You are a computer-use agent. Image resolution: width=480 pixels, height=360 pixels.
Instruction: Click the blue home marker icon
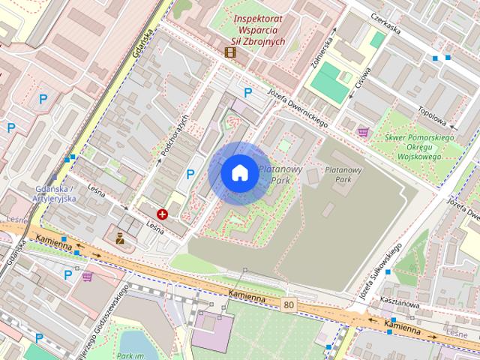(238, 172)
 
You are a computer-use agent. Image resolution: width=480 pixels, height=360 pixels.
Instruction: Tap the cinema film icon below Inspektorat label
(229, 52)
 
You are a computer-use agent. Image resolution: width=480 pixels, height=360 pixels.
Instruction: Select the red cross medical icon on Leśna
(162, 214)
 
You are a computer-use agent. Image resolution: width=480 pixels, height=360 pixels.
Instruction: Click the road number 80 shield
(289, 304)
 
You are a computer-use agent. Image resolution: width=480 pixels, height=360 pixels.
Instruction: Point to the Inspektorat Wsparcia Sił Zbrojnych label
(259, 29)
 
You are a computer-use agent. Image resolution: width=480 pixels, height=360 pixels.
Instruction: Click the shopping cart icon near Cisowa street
(363, 131)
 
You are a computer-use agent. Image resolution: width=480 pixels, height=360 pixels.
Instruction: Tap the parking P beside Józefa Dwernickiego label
(248, 92)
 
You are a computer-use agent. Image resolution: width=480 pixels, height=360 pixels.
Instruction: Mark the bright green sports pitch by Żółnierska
(325, 79)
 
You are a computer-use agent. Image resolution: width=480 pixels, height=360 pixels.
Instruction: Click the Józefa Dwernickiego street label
(297, 109)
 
